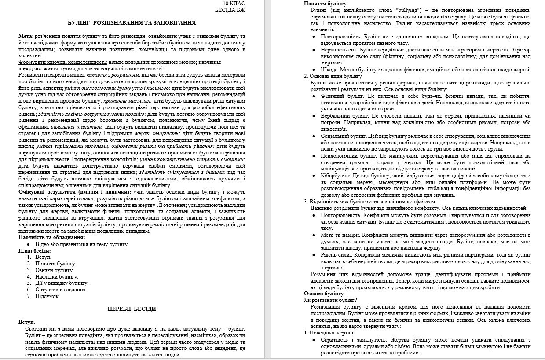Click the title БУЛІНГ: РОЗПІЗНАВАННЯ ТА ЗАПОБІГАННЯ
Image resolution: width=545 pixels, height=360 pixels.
coord(132,23)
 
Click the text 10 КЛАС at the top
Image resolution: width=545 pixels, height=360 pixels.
coord(235,4)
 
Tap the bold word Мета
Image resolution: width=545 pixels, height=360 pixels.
coord(26,36)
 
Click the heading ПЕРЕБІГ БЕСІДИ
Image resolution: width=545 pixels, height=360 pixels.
coord(132,309)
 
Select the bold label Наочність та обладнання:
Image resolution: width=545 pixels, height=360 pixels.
coord(52,238)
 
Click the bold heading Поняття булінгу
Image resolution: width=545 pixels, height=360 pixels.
coord(325,4)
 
